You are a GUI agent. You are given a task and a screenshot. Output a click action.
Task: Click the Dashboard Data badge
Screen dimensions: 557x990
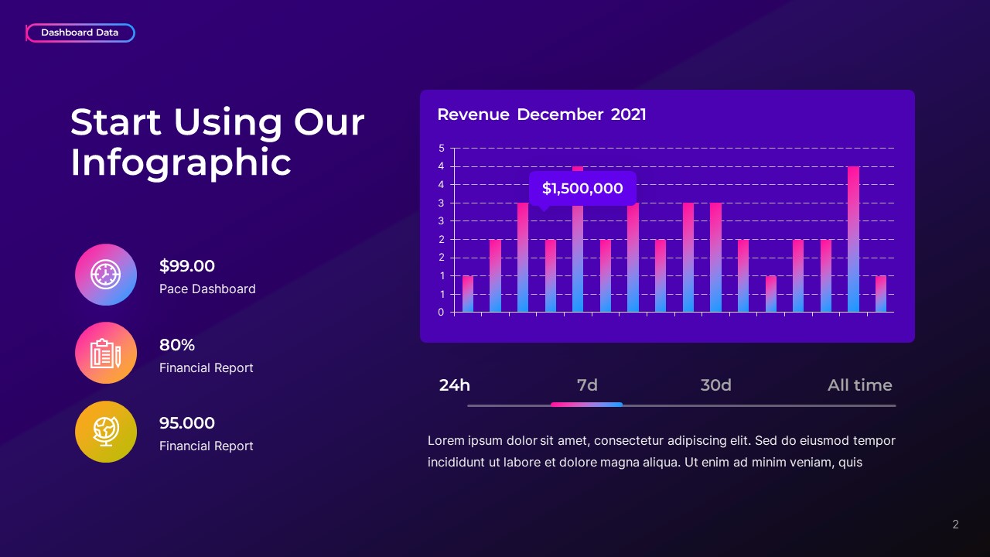[80, 32]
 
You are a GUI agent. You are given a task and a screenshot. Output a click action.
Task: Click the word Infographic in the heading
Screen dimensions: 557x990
[181, 162]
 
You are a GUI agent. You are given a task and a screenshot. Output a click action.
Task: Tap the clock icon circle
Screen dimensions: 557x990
[106, 275]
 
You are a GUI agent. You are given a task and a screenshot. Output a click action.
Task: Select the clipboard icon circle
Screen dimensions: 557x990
[106, 353]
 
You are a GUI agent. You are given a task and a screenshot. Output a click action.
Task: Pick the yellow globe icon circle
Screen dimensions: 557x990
[106, 432]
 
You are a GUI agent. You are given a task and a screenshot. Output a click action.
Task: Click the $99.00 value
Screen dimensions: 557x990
[187, 266]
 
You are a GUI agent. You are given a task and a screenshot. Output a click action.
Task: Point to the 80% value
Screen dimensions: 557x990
[177, 345]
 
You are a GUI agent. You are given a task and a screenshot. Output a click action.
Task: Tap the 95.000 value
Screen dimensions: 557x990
[187, 423]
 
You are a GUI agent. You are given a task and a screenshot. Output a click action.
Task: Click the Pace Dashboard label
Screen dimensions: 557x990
[207, 289]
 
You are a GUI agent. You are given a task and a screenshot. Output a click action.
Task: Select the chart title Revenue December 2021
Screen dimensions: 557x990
[541, 114]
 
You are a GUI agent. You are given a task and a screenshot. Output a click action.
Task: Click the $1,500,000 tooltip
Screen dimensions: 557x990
[582, 188]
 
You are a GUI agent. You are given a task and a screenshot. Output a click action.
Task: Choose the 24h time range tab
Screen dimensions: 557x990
[455, 385]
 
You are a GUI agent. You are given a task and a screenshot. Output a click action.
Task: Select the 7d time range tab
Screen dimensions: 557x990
[587, 385]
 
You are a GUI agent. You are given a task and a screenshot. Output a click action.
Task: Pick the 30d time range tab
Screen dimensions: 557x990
[715, 385]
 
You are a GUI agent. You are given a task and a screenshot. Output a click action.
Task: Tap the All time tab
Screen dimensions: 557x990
[859, 385]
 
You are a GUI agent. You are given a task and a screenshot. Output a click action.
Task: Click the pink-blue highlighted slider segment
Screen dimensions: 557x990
[586, 405]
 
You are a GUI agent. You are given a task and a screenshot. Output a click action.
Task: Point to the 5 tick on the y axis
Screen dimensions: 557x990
[442, 149]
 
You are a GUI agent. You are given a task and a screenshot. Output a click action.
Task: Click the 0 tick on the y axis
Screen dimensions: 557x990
[442, 313]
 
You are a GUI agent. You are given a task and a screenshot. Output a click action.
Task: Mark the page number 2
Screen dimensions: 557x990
[955, 525]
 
